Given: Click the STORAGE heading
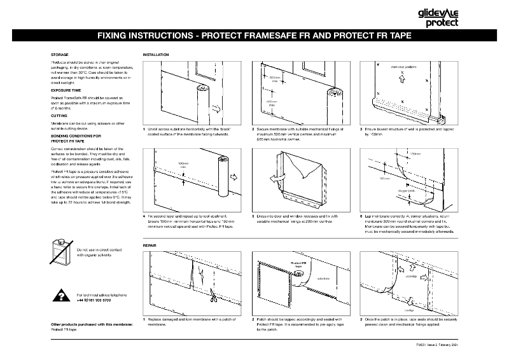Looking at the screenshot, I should tap(60, 55).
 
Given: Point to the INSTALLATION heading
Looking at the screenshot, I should tap(156, 55).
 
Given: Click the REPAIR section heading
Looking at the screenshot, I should tap(150, 244).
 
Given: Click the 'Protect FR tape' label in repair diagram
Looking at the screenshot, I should tap(300, 265).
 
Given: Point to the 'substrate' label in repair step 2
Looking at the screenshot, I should tap(323, 277).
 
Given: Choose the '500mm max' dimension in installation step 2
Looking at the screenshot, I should tap(275, 80).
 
